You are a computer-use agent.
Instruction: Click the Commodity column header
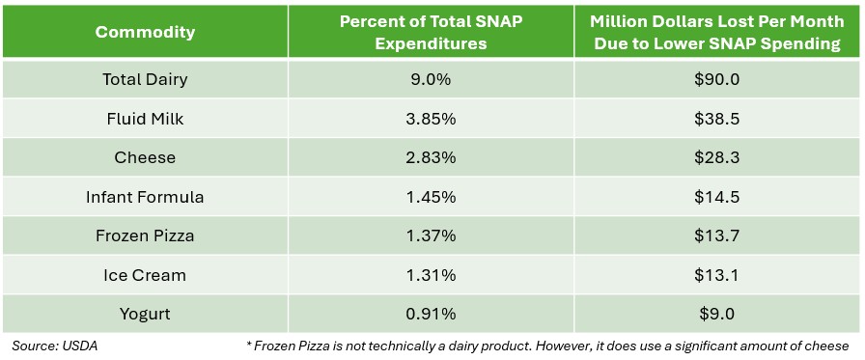145,32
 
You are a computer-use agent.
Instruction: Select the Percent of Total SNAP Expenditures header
431,32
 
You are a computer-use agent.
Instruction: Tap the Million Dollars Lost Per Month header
717,32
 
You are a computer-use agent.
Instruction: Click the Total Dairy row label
145,79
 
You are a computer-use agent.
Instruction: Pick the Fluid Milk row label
145,119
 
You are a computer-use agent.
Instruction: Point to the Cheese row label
145,157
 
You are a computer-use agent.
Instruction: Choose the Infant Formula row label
145,197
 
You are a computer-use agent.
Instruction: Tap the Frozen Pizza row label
145,235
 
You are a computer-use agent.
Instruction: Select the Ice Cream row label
145,275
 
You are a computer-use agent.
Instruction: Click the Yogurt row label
145,315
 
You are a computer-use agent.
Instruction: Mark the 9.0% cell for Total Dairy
431,79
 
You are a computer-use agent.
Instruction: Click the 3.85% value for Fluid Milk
431,119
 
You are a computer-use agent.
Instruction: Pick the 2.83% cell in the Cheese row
431,157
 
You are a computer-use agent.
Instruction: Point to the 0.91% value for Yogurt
431,315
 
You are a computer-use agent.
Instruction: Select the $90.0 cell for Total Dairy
717,79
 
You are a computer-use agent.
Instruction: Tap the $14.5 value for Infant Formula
717,197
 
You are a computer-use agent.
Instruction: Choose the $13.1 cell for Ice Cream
717,275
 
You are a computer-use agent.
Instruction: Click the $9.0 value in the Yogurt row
717,315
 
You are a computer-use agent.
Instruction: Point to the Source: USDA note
55,346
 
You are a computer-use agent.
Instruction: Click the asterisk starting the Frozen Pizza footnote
249,344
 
